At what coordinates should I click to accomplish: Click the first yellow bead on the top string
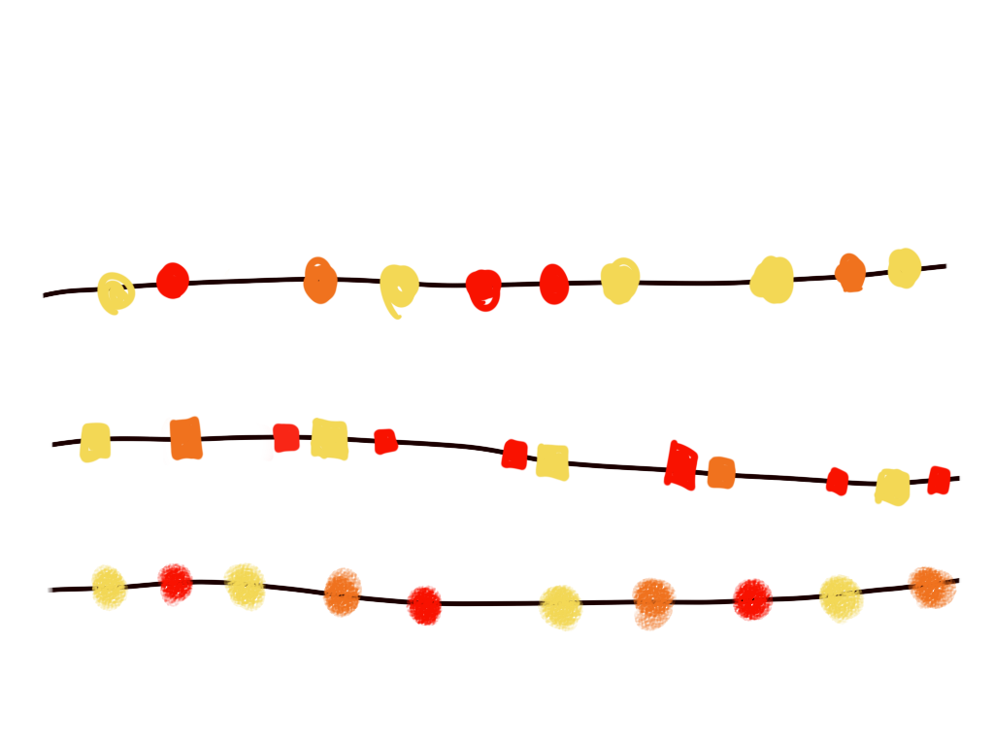point(116,292)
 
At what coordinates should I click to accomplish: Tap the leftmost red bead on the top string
point(173,281)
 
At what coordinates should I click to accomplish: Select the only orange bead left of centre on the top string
point(320,281)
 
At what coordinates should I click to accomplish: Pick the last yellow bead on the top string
point(904,268)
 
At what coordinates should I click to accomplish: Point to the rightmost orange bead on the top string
point(850,273)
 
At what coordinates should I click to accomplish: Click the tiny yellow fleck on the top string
point(227,273)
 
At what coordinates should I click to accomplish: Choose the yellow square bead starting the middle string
point(95,442)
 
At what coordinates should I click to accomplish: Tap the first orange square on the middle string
point(184,438)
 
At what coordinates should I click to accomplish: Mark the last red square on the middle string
point(939,480)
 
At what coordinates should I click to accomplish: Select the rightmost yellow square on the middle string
point(892,487)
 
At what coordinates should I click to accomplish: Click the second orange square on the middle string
point(721,473)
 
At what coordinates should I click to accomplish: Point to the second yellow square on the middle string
point(329,438)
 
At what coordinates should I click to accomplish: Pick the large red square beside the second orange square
point(681,465)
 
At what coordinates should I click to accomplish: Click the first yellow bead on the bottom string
point(109,587)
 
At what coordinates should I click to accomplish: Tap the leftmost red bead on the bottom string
point(176,584)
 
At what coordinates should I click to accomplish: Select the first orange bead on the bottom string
point(343,593)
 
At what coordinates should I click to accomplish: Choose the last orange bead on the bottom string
point(932,587)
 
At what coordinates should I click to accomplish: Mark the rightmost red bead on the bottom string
point(752,599)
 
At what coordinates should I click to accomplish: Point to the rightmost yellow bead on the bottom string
point(841,598)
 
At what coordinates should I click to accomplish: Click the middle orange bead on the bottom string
point(653,603)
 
